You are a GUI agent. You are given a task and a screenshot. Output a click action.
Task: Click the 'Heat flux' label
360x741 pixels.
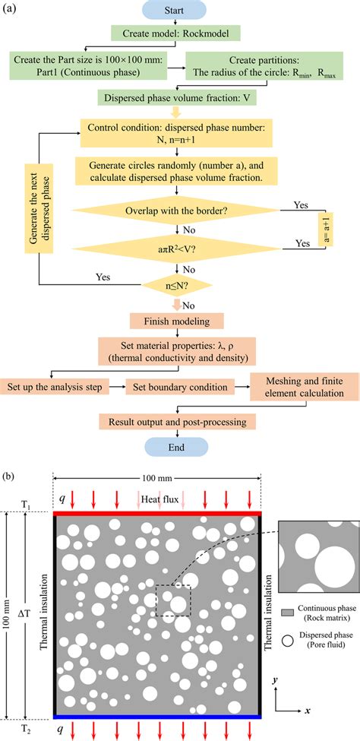coord(156,499)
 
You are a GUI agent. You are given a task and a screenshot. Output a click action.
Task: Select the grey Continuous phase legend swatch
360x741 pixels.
coord(287,611)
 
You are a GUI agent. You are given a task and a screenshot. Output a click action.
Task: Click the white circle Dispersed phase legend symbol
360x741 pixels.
coord(287,638)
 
